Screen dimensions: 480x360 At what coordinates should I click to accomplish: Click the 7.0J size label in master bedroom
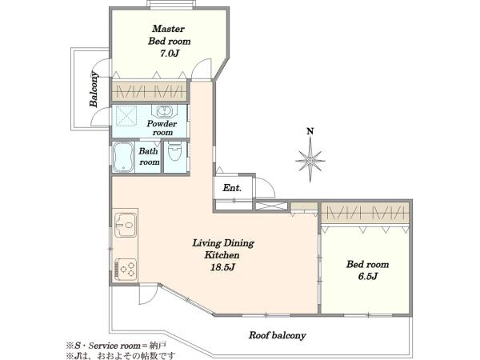[x=170, y=54]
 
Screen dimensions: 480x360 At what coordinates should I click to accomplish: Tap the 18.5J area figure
[x=222, y=267]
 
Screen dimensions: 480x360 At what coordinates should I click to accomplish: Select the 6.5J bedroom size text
[x=367, y=277]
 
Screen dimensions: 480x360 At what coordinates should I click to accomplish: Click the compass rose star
[x=310, y=160]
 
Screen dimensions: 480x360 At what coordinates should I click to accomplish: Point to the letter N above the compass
[x=310, y=131]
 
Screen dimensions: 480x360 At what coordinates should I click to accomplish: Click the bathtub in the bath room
[x=123, y=158]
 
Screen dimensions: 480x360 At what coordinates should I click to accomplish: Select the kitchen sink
[x=126, y=225]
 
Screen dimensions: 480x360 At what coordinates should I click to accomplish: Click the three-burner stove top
[x=126, y=269]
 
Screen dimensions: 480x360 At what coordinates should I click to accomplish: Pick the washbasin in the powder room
[x=164, y=111]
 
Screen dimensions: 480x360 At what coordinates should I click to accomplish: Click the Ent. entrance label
[x=232, y=188]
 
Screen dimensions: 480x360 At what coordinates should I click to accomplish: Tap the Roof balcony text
[x=277, y=335]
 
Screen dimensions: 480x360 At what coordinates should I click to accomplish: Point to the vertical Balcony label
[x=94, y=89]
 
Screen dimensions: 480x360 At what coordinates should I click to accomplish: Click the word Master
[x=168, y=29]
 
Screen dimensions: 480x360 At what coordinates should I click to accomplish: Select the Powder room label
[x=162, y=128]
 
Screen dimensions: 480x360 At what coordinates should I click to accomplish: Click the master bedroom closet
[x=149, y=91]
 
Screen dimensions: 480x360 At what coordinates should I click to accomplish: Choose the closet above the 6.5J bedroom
[x=366, y=213]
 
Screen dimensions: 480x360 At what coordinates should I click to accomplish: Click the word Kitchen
[x=222, y=255]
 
